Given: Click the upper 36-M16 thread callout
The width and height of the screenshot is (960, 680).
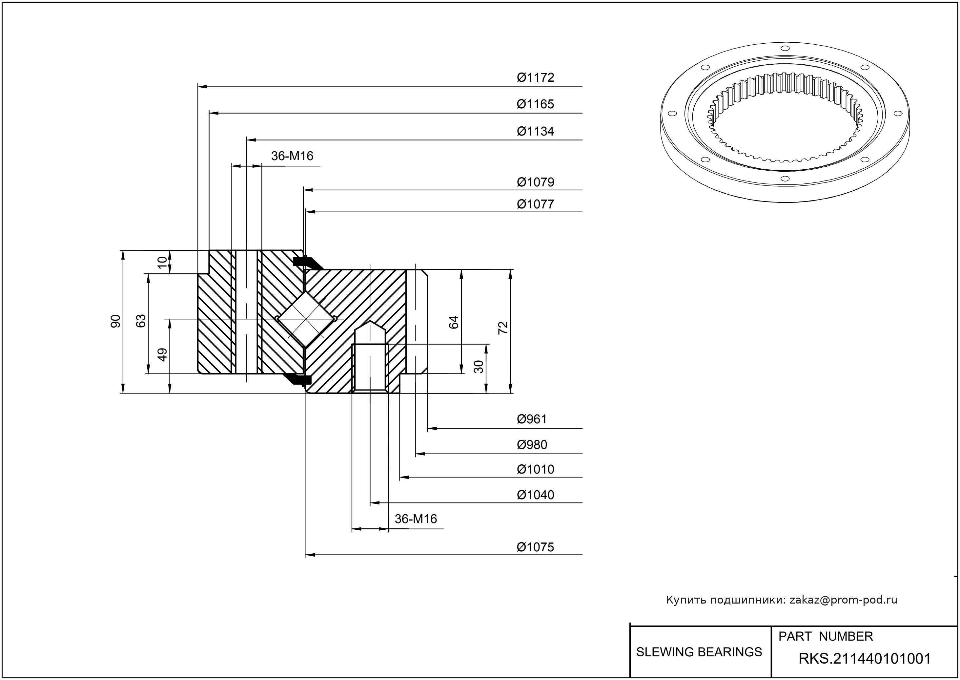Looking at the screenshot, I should click(x=292, y=156).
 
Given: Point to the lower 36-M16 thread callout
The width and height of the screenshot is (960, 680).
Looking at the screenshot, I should click(x=416, y=519).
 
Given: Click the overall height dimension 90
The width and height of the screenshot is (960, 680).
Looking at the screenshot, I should click(x=115, y=321).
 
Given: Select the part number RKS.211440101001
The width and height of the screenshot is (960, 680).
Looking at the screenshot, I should click(x=865, y=659).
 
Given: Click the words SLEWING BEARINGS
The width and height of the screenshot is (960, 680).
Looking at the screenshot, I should click(x=699, y=652).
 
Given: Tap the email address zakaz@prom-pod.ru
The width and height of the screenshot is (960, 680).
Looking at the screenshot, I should click(x=843, y=600).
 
